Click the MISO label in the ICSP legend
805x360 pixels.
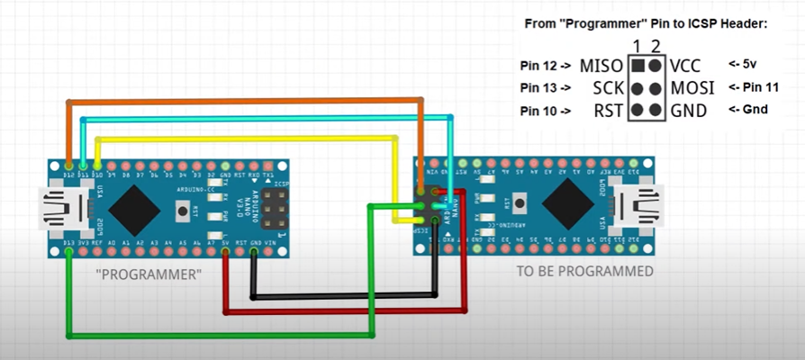pyautogui.click(x=601, y=66)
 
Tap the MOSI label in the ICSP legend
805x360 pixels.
pyautogui.click(x=692, y=88)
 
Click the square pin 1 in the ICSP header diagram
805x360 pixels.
pyautogui.click(x=638, y=66)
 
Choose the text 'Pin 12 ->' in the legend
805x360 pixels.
pyautogui.click(x=545, y=66)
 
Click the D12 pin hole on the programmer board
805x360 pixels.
pyautogui.click(x=69, y=166)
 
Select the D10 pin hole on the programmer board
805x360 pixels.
pyautogui.click(x=97, y=166)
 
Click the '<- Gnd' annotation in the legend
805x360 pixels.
pyautogui.click(x=746, y=110)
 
